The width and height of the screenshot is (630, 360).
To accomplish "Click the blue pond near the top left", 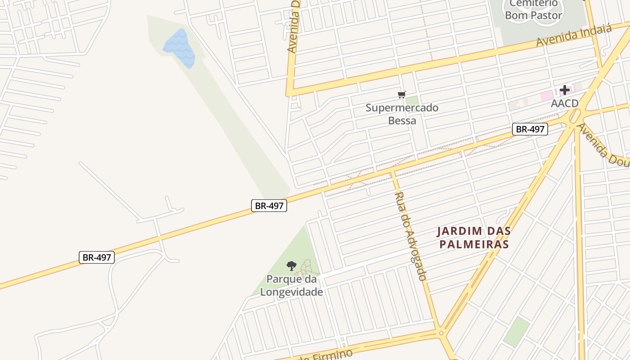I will click(x=180, y=48).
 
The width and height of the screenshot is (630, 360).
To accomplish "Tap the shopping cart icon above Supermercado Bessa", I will click(x=402, y=94).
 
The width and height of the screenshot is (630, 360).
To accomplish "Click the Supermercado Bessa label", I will click(x=402, y=114).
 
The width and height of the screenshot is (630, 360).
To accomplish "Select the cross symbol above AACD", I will click(x=565, y=90).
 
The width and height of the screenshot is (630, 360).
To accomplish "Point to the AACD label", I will click(x=565, y=103).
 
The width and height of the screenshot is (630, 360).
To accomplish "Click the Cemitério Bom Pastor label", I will click(x=533, y=10).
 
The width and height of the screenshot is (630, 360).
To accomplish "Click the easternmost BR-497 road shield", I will click(x=530, y=130).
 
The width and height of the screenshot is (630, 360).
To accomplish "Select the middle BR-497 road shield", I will click(x=269, y=206).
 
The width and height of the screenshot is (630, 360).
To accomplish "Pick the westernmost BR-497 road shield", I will click(x=96, y=257).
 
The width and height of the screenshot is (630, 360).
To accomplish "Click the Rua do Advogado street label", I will click(x=410, y=236).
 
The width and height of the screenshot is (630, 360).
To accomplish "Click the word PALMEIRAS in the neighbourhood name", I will click(x=474, y=244).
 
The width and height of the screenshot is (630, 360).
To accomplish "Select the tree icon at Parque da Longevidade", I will click(x=292, y=265).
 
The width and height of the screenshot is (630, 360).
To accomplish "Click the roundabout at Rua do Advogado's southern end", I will click(x=441, y=333).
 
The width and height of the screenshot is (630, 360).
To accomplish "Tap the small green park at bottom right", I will click(x=516, y=332).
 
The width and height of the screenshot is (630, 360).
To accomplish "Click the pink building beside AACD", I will click(x=546, y=95).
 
